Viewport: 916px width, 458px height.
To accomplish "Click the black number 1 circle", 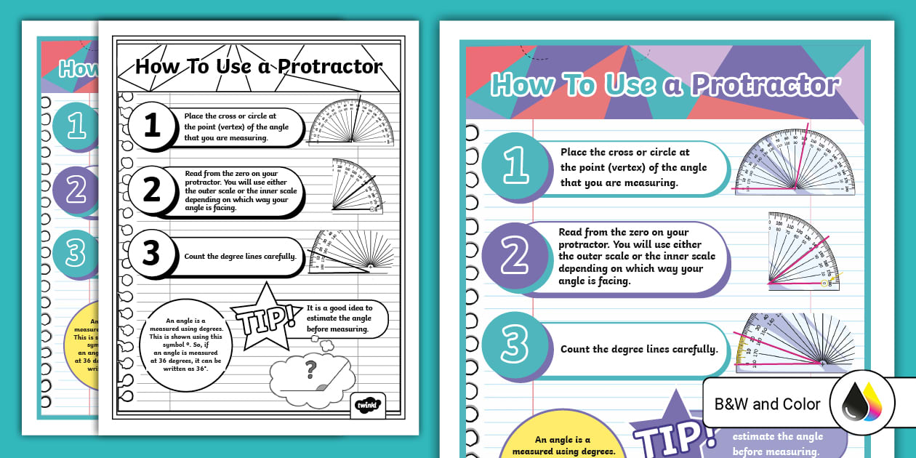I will point(152,126).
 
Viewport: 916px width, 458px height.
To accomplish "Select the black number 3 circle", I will point(150,254).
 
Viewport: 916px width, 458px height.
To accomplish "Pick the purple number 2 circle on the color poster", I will point(515,257).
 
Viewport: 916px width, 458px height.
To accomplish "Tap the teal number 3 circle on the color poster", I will point(515,346).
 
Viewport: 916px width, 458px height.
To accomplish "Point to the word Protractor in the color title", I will point(764,85).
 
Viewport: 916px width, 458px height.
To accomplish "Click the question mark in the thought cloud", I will point(311,369).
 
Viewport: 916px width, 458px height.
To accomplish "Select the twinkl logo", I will point(367,404).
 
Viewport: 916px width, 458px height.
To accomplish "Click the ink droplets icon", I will point(861,403).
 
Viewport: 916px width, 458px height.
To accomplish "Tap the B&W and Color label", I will point(767,404).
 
